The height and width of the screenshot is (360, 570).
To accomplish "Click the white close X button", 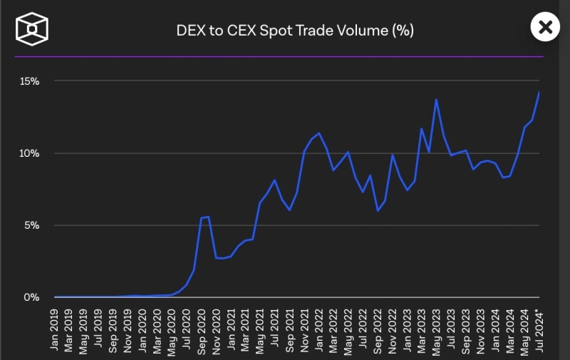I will point(545,28).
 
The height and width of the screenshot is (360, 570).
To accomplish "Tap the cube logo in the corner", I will point(32,29).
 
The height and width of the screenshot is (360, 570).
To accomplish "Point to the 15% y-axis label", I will point(29,81).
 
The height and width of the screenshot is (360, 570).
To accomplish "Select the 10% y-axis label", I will point(29,153).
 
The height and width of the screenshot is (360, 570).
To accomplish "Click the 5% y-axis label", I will point(31,225).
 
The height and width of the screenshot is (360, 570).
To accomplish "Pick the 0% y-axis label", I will point(31,297).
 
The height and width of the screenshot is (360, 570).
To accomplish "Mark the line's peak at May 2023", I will point(436,100).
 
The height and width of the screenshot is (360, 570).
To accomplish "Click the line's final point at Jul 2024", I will point(539,92).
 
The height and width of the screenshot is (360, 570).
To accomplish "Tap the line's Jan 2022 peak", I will point(318,133).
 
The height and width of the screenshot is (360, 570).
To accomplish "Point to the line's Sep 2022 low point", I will point(378,211).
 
